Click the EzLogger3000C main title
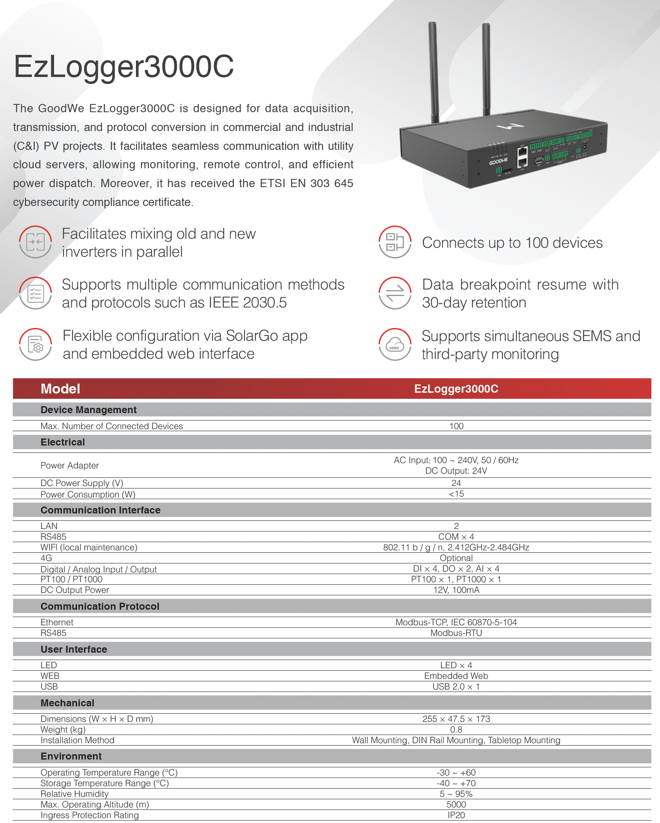tap(124, 66)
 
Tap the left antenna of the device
tap(433, 70)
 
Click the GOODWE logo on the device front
tap(498, 161)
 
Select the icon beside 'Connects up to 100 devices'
tap(395, 242)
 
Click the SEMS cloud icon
tap(395, 344)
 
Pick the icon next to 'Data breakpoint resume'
tap(395, 293)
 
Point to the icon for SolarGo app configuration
tap(36, 344)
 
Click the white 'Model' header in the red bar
tap(60, 389)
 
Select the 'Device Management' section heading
tap(88, 410)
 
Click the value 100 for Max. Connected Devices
tap(456, 426)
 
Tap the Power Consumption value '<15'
tap(456, 494)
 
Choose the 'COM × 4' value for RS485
tap(456, 537)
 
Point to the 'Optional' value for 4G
tap(456, 558)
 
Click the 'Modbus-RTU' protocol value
tap(456, 633)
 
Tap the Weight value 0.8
tap(456, 730)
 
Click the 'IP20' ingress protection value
tap(456, 815)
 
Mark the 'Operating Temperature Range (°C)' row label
tap(109, 773)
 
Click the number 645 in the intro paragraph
tap(344, 183)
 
